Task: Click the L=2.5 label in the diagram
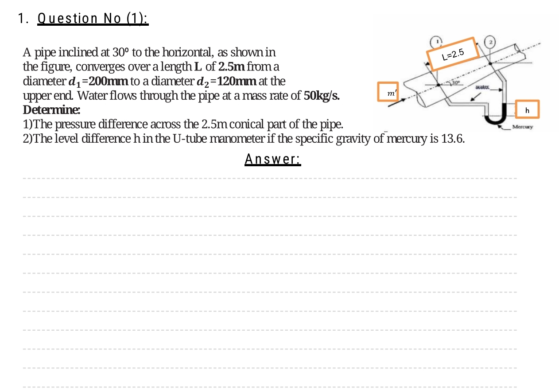click(453, 54)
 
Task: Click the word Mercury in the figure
click(523, 127)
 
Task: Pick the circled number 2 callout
click(490, 42)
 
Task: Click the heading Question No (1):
click(93, 19)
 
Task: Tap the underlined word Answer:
click(273, 159)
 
